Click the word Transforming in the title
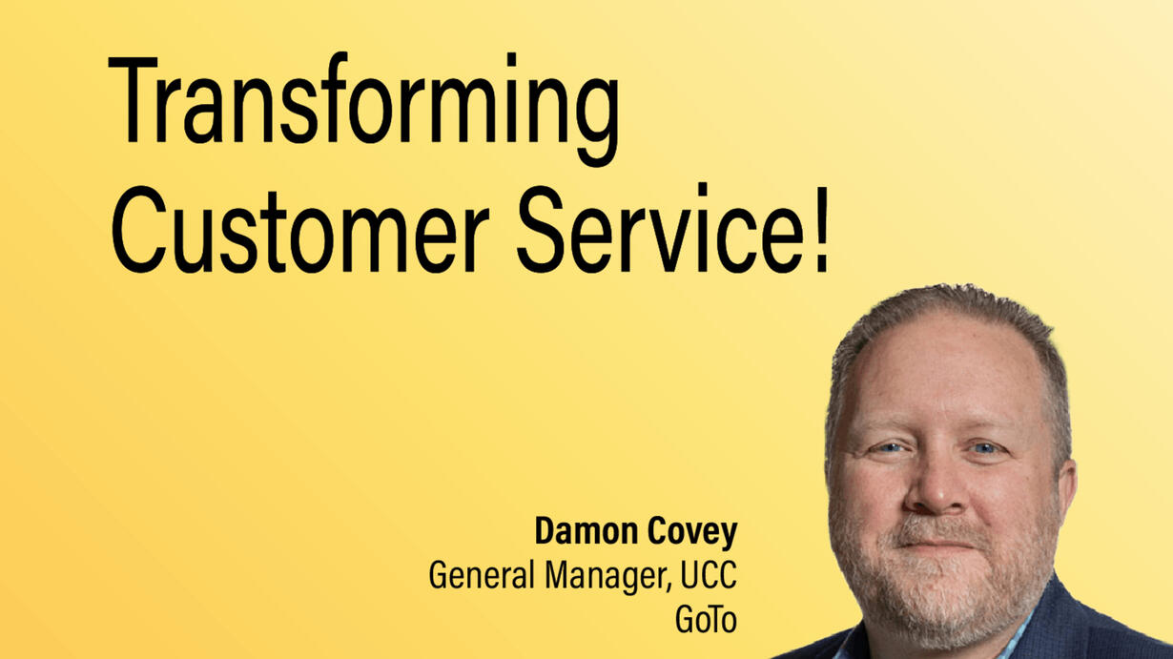pos(364,109)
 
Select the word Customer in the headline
pos(300,229)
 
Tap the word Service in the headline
pos(661,228)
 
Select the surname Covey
pos(691,533)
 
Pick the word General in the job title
pos(481,575)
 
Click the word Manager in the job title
pos(608,577)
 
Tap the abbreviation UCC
pos(709,575)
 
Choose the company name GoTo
pos(706,619)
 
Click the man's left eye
pos(984,448)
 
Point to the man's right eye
pos(889,448)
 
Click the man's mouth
pos(937,545)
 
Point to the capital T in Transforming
pos(133,99)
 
